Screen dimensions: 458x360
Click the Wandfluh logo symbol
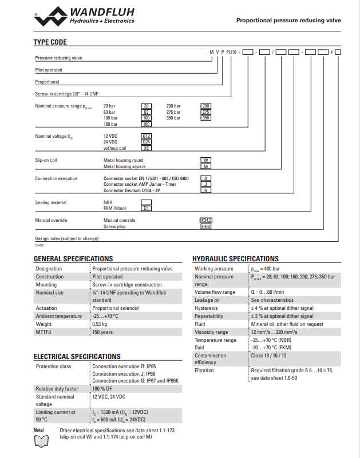[50, 17]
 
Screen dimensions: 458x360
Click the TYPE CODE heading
[50, 42]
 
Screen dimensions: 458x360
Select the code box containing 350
[207, 118]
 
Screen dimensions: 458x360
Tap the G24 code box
[147, 142]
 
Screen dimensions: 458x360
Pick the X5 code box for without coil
[147, 148]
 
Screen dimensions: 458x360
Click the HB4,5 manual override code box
[206, 220]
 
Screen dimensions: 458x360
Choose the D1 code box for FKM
[147, 208]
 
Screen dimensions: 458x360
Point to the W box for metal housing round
[206, 160]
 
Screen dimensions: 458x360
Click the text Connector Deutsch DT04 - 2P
[132, 190]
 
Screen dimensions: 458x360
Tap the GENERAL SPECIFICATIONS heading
[73, 259]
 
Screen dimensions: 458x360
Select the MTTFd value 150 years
[104, 332]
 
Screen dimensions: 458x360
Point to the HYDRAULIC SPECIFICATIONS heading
[235, 259]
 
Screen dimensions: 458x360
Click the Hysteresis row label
[207, 308]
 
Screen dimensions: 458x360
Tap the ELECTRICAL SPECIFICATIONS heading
[77, 357]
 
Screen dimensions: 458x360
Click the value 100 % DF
[105, 389]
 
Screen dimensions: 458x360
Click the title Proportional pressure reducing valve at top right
[288, 20]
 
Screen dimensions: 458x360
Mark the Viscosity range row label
[211, 332]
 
